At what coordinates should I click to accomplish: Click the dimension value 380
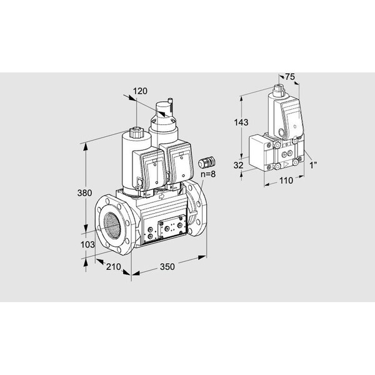click(84, 192)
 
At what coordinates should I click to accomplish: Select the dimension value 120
click(140, 91)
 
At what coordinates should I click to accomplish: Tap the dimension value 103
click(87, 244)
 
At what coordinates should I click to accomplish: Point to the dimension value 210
click(113, 267)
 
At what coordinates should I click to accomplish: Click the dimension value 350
click(167, 267)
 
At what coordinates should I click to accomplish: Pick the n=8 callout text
click(208, 174)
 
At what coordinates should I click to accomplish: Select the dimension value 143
click(241, 122)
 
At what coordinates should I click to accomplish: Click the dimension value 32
click(239, 165)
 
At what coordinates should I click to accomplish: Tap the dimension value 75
click(290, 77)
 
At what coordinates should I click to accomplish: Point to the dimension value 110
click(286, 181)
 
